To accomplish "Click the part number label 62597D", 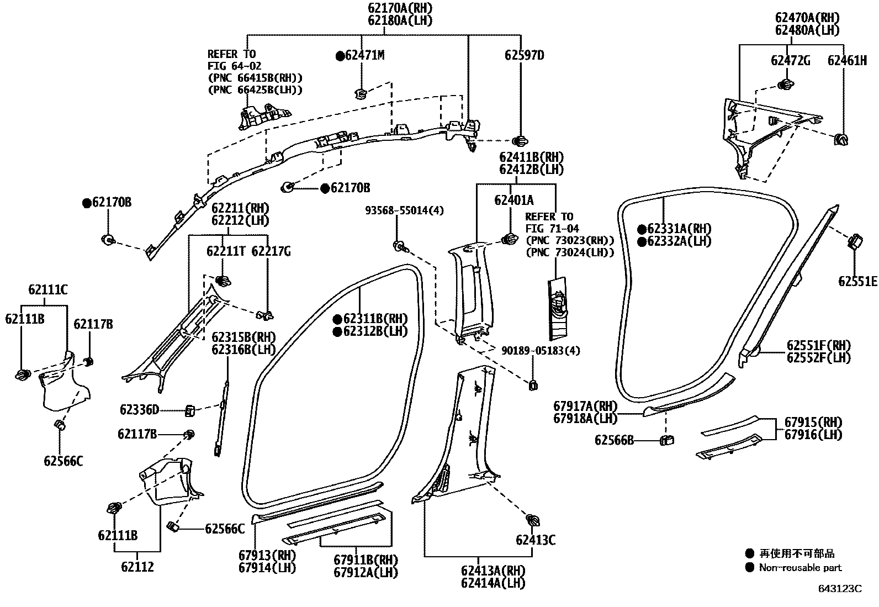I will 524,55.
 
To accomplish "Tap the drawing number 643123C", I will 840,589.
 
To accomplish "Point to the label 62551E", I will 857,282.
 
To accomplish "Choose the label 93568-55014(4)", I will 404,210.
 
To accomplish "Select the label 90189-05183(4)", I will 541,351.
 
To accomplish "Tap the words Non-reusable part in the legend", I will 800,568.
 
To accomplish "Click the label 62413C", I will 536,540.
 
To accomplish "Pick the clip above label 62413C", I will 533,520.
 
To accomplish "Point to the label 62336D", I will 139,410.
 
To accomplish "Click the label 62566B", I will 614,440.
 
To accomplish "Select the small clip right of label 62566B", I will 667,440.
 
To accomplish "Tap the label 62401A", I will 513,200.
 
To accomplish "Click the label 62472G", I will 790,61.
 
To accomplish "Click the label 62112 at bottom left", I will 137,567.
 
